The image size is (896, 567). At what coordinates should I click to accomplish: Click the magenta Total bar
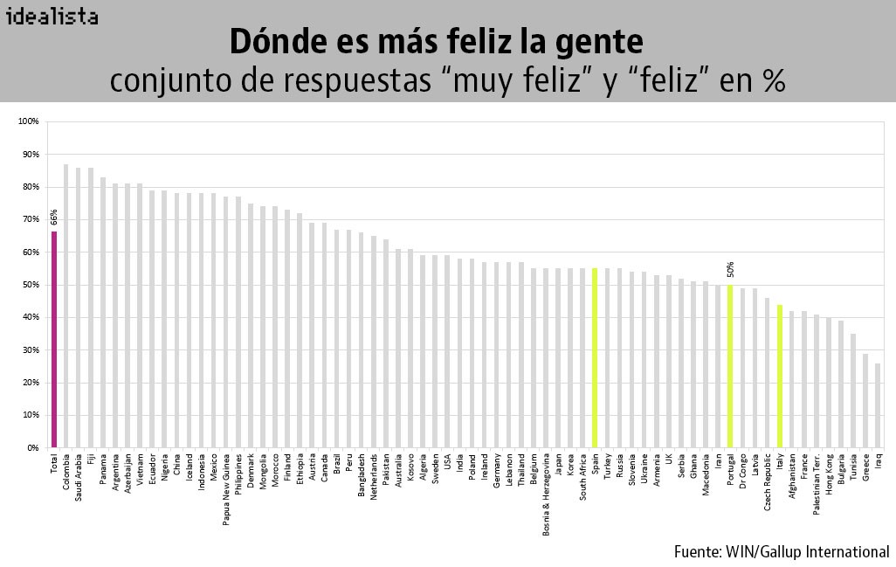53,341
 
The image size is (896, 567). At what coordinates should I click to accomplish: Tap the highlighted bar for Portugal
730,367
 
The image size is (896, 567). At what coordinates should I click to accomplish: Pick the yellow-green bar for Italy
779,377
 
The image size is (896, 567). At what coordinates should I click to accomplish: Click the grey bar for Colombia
65,306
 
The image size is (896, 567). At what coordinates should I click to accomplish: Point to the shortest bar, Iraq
878,406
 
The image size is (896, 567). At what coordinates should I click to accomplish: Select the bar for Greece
865,401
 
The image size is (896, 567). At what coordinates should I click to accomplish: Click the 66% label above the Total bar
54,218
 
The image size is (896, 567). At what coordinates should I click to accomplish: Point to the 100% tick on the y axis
30,121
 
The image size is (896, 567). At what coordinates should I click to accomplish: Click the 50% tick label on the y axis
31,285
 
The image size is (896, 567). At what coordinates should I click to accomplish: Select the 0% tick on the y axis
33,448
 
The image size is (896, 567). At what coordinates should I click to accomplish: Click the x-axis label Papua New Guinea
225,484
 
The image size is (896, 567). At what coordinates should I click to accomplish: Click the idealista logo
52,17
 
